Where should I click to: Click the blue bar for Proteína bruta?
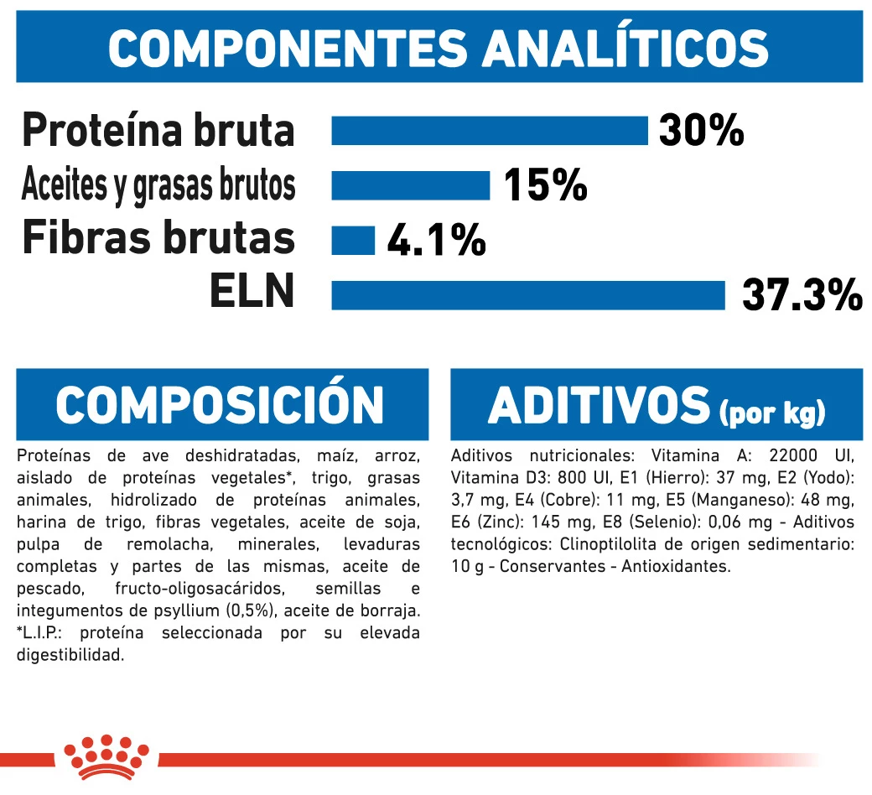click(x=490, y=131)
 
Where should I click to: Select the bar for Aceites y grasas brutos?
click(x=410, y=185)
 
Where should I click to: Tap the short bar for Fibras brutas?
click(x=353, y=240)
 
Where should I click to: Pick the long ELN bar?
click(x=528, y=295)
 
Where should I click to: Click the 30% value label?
click(x=701, y=131)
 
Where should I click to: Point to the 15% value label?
click(x=545, y=186)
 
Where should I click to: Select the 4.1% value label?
click(x=436, y=241)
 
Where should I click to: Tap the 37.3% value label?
click(x=802, y=296)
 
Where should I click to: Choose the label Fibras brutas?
click(x=158, y=237)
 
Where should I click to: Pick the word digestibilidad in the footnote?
click(x=70, y=654)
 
